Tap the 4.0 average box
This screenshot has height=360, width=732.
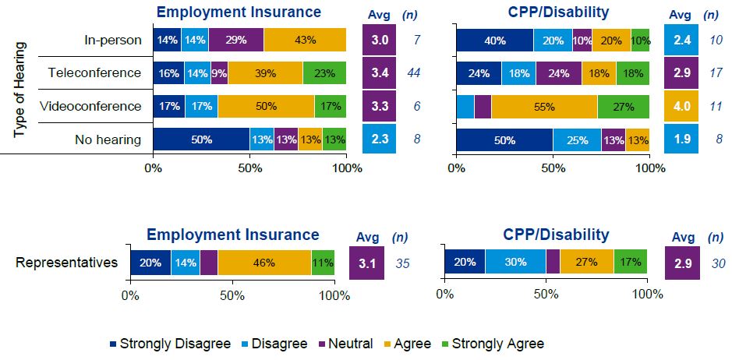[x=682, y=106]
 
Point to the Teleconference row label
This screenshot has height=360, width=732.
[x=94, y=73]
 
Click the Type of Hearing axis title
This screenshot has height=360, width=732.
[x=21, y=90]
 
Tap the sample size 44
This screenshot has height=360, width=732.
[x=414, y=73]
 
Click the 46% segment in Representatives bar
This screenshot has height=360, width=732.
[x=264, y=263]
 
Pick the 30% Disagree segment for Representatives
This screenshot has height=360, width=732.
[x=515, y=263]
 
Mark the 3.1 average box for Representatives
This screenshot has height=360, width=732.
[x=368, y=263]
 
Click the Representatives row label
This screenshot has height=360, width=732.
[x=67, y=263]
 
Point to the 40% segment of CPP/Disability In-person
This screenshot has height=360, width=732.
[x=495, y=40]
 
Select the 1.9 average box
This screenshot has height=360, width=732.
[x=682, y=139]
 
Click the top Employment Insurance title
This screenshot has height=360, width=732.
[x=239, y=12]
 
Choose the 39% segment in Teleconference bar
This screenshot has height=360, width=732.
[x=265, y=73]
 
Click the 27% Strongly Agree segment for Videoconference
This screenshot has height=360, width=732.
[x=623, y=106]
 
